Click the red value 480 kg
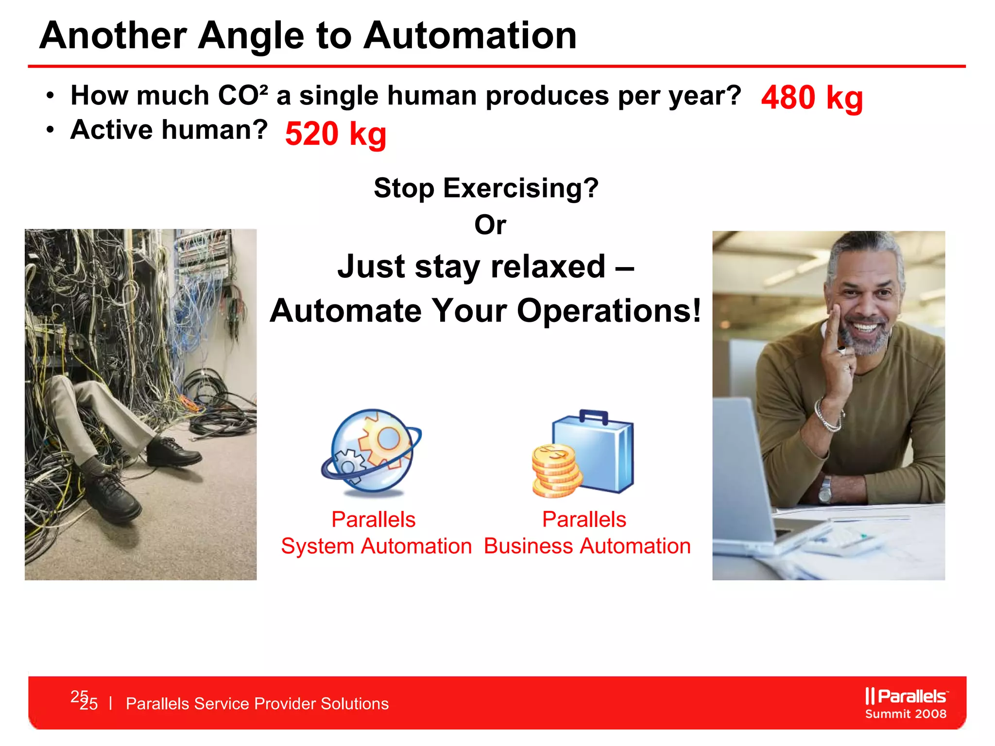click(811, 98)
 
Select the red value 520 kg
click(336, 134)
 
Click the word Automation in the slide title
click(470, 36)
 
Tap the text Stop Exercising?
click(486, 188)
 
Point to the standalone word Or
click(490, 225)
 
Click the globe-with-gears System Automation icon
click(372, 452)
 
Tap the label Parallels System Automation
click(376, 533)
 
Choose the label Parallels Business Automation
click(587, 533)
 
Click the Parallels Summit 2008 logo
click(906, 703)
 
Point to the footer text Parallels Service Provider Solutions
click(257, 704)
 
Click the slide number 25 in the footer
click(88, 703)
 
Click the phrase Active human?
click(169, 130)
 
